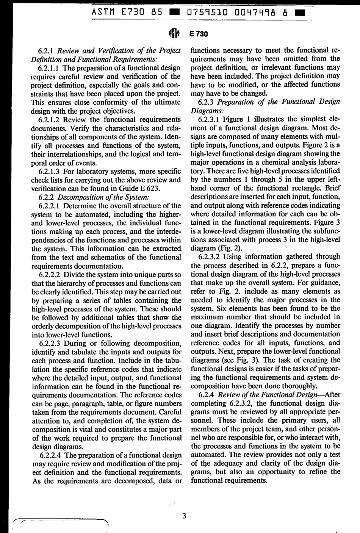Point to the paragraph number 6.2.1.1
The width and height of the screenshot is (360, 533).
tap(50, 68)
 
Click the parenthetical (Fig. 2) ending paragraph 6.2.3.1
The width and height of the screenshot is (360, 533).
tap(214, 248)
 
